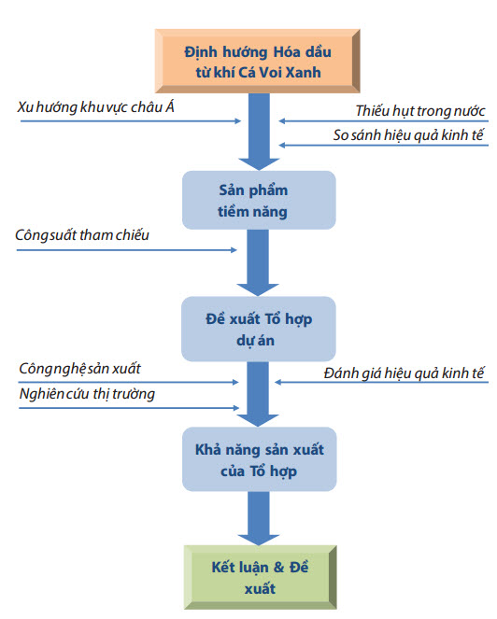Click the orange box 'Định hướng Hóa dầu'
point(258,62)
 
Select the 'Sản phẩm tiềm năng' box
point(259,200)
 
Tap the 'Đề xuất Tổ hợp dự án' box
point(259,329)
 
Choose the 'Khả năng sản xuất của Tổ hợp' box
point(259,459)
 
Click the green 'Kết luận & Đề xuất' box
point(261,577)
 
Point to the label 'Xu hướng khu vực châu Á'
point(95,107)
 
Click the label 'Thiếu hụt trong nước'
point(420,111)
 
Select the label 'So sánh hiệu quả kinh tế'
point(408,135)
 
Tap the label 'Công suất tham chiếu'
point(82,235)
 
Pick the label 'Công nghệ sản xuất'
point(79,369)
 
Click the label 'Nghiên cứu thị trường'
point(87,394)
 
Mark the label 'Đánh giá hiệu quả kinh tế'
point(404,373)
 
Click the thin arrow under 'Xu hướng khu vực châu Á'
point(131,120)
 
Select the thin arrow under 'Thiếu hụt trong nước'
point(384,120)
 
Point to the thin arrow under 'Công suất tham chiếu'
point(127,250)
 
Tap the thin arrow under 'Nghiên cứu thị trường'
point(129,408)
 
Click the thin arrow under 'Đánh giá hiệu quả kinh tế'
point(382,382)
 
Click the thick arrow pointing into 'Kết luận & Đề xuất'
point(259,518)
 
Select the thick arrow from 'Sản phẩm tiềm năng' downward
point(258,262)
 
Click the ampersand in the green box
point(279,568)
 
